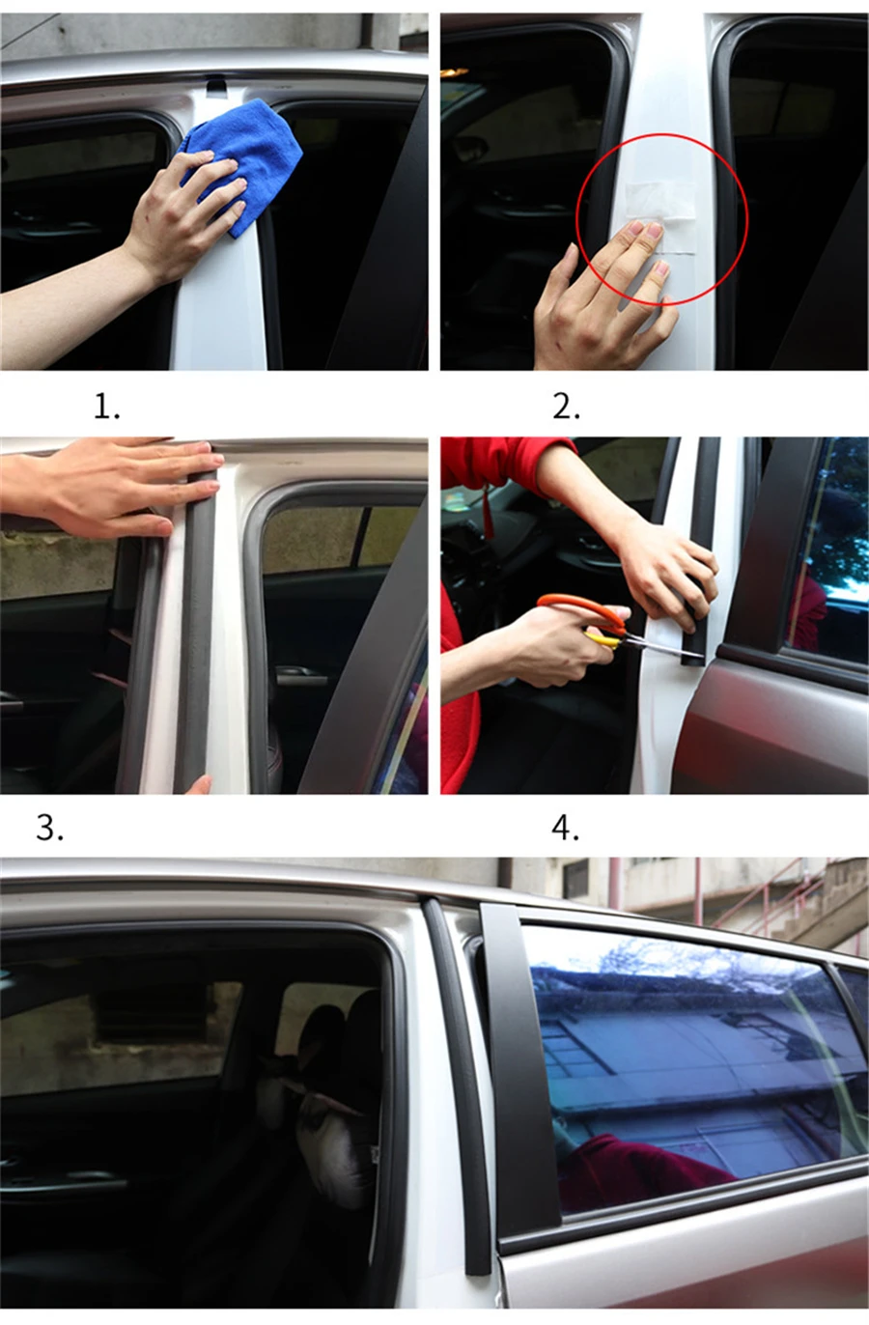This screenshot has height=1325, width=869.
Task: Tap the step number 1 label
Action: point(106,407)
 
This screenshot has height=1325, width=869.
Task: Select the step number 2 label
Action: point(566,407)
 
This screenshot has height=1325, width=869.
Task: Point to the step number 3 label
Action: point(49,828)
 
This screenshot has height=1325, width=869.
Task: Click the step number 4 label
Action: point(566,828)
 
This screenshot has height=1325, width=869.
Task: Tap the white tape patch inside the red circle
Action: point(659,202)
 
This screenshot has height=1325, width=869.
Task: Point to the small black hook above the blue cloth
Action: point(216,88)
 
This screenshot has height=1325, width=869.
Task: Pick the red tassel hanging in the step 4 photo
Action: point(488,509)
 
